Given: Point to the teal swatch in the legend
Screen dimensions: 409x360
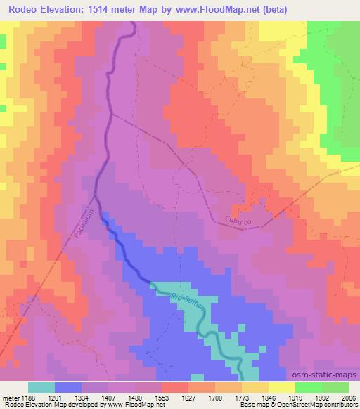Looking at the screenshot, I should tap(41, 387).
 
